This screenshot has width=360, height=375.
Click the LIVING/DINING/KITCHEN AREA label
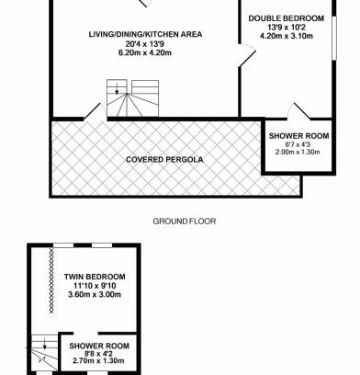coord(145,34)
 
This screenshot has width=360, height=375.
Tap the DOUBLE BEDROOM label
coord(287,18)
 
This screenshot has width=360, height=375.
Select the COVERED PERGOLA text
coord(164,160)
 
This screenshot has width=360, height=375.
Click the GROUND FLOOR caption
coord(185,222)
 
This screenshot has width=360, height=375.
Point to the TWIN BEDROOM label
coord(95,277)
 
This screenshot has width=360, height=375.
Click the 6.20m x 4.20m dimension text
coord(145,52)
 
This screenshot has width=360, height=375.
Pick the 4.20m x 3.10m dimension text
coord(287,36)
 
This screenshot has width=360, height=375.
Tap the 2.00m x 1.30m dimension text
coord(298,152)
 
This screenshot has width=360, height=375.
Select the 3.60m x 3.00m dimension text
coord(95,294)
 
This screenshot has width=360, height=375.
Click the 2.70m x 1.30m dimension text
coord(98,360)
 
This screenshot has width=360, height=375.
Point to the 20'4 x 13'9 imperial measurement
coord(145,44)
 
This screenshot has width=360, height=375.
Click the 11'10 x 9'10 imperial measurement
coord(95,286)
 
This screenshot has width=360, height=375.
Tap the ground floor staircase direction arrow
coord(117,88)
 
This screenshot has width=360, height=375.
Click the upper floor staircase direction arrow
coord(45,344)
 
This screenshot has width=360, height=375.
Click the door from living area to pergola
coord(92,111)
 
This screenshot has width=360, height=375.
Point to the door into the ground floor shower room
coord(302,110)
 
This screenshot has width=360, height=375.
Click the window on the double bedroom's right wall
coord(334,38)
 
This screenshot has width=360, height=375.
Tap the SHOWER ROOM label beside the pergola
coord(298,136)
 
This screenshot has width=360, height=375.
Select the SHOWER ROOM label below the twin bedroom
coord(99,346)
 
